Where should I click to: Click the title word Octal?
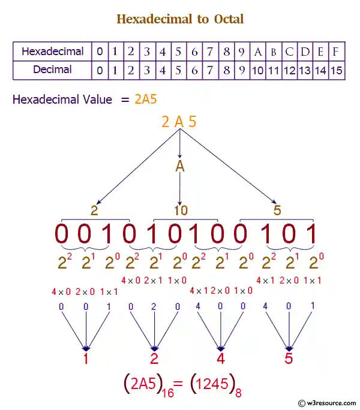(x=229, y=19)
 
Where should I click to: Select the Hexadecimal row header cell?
(x=53, y=52)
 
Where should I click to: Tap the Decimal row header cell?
(x=53, y=70)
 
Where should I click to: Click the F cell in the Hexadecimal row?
(x=337, y=52)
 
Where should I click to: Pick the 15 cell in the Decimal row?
(x=337, y=70)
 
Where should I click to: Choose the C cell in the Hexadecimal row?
(x=290, y=52)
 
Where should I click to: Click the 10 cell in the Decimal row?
(x=258, y=70)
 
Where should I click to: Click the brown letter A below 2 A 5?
(x=179, y=166)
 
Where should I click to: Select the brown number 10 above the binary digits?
(x=181, y=210)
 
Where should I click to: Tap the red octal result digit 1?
(x=86, y=360)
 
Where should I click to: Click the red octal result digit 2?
(x=155, y=360)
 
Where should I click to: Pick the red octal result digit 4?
(x=221, y=360)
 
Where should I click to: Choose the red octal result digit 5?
(x=289, y=360)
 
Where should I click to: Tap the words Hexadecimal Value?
(x=62, y=100)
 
